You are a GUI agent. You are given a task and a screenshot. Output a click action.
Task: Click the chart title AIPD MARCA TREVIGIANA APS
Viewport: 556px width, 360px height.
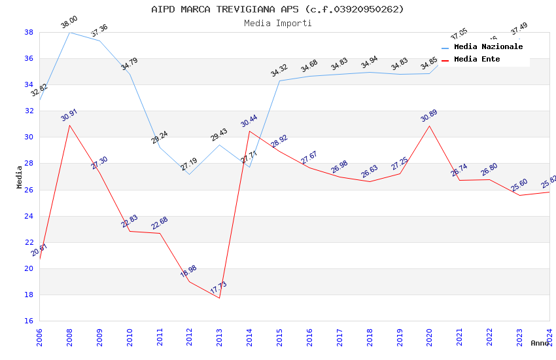(x=277, y=9)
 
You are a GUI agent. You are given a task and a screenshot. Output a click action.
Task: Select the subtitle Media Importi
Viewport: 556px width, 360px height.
(x=277, y=23)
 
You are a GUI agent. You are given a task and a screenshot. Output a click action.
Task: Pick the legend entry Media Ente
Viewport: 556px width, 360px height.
(x=477, y=60)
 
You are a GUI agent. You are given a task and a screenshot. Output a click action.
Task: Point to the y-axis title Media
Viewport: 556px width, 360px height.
(x=20, y=176)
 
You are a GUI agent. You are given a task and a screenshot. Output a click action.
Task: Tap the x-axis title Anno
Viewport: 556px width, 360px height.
(x=540, y=343)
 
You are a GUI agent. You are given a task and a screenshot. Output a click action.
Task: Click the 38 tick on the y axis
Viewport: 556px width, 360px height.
(x=29, y=32)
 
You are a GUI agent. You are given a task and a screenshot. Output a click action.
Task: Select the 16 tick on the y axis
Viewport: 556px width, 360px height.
(x=29, y=321)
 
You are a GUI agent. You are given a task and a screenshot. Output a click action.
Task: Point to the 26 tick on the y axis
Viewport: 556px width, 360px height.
(x=29, y=190)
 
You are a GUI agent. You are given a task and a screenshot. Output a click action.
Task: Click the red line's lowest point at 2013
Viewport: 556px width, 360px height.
(x=219, y=298)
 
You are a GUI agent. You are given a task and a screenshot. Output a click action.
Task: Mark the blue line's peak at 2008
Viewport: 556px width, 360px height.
(x=69, y=32)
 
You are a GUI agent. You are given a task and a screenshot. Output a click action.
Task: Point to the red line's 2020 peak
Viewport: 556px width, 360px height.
(x=429, y=126)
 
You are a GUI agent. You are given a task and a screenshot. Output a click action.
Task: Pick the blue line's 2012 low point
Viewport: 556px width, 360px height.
(x=189, y=174)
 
